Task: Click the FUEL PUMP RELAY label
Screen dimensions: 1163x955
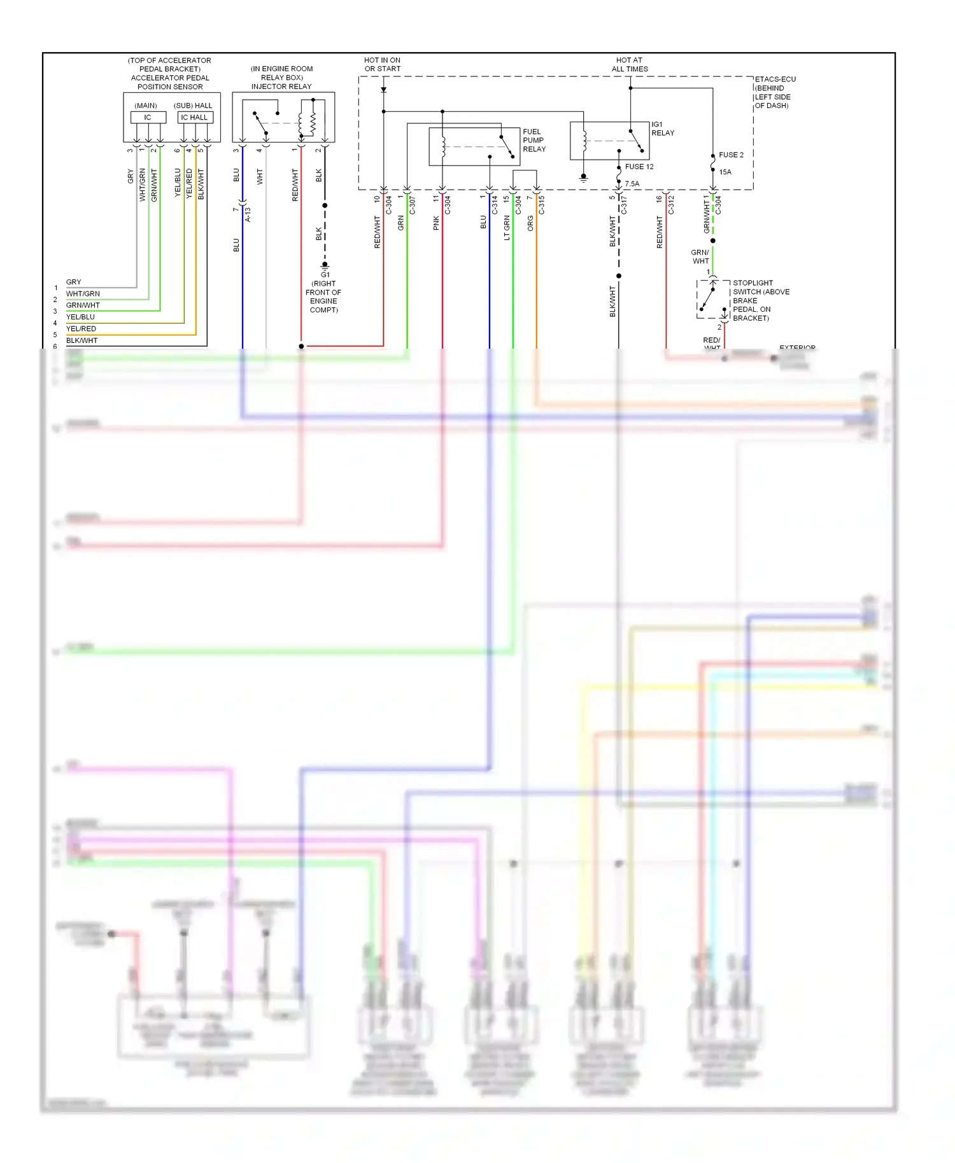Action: (x=534, y=141)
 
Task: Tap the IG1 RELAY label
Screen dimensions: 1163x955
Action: (x=662, y=129)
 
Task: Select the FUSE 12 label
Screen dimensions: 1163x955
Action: (x=639, y=167)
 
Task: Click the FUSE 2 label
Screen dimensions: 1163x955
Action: (x=731, y=155)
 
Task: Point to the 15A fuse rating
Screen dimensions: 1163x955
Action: (x=725, y=172)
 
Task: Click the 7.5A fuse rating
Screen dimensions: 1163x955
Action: (x=632, y=184)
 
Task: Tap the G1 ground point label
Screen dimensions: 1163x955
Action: (x=325, y=275)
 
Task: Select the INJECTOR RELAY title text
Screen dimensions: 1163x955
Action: (x=281, y=87)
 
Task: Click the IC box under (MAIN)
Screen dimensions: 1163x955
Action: (x=148, y=117)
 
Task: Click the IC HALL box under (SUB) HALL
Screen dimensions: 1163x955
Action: (x=194, y=117)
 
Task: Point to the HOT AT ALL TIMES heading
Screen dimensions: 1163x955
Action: (x=629, y=64)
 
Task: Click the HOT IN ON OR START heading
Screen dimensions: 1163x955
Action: (x=382, y=64)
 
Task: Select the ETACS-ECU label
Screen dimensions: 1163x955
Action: (x=775, y=80)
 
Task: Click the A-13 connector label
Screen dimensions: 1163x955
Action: (x=248, y=214)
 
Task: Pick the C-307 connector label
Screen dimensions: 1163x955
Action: (x=412, y=205)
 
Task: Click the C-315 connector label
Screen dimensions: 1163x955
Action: (x=542, y=205)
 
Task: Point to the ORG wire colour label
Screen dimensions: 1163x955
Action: (x=530, y=223)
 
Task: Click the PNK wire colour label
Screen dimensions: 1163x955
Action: (x=436, y=223)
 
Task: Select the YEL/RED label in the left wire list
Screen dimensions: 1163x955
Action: (x=81, y=328)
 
